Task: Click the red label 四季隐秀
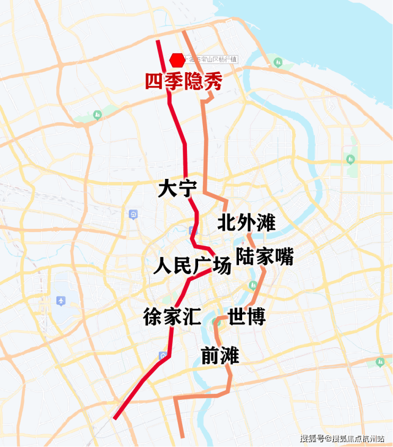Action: pos(183,82)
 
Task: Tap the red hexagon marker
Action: pos(176,60)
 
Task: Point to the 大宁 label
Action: pos(177,189)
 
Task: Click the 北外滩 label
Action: pos(246,223)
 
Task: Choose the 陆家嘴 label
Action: pos(264,256)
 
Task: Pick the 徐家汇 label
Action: pos(172,317)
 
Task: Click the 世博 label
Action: pos(246,317)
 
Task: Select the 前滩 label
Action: pos(220,355)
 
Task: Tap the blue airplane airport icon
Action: pos(61,302)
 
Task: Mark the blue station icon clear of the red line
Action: pos(133,214)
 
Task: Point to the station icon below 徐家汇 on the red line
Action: pos(163,356)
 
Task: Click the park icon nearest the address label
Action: pos(277,63)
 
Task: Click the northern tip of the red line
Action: pos(157,41)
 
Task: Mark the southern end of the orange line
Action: pos(183,437)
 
